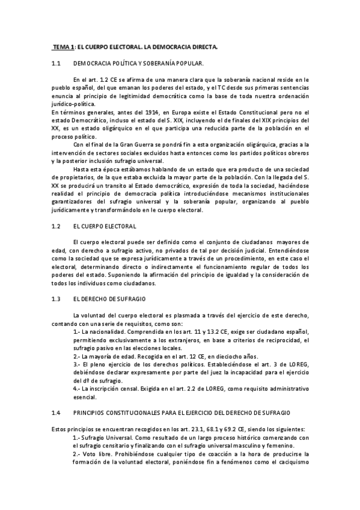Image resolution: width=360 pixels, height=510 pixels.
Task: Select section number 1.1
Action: (56, 63)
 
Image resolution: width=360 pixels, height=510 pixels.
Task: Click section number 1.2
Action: (56, 226)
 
